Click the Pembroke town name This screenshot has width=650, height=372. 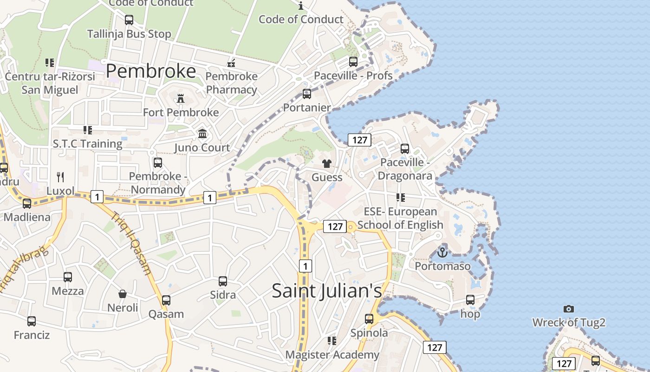coord(151,71)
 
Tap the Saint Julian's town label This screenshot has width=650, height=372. coord(326,291)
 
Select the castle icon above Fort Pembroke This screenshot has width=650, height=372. coord(181,98)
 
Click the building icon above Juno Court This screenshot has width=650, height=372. coord(202,134)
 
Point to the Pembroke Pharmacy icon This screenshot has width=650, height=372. coord(231,63)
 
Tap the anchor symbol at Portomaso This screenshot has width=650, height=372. coord(442,252)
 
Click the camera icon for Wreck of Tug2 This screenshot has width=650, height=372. coord(568,309)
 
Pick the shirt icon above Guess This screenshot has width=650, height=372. coord(327,164)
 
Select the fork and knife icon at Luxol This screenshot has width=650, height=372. coord(60,177)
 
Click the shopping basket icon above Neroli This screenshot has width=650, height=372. coord(123,294)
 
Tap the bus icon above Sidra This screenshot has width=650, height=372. coord(223,281)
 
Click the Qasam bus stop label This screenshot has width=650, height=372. coord(166,314)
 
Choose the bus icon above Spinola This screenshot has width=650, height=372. coord(369,319)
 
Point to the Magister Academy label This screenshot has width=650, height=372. coord(332,355)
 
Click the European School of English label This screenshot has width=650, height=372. coord(400,218)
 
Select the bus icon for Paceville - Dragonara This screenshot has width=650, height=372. coord(405,149)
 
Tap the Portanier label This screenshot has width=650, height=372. coord(307,107)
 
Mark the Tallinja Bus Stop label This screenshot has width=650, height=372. coord(129,34)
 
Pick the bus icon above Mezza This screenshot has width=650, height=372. coord(68,277)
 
